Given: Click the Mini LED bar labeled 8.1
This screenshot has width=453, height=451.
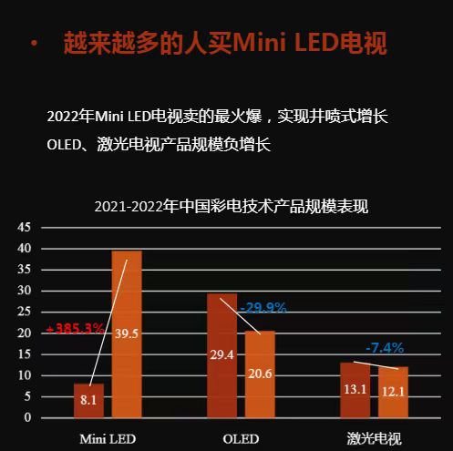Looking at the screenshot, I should [88, 401].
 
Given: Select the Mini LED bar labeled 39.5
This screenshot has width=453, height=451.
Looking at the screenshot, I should [127, 333].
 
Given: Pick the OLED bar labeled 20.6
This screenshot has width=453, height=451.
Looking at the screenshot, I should [260, 374].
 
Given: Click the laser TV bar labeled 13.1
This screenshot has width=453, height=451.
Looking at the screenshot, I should [355, 390].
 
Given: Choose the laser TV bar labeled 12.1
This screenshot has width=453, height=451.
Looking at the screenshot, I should [393, 392].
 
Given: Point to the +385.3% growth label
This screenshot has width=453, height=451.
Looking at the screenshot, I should [75, 328].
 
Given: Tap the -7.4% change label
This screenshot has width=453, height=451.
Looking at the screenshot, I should [385, 348].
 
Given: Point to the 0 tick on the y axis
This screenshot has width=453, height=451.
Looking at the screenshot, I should [27, 418].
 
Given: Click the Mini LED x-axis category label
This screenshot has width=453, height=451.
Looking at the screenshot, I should [108, 438].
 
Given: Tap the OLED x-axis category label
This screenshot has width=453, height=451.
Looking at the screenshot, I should [241, 438].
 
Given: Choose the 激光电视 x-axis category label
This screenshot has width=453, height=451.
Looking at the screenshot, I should [374, 438].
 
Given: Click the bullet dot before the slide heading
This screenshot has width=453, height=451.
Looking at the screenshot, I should [34, 44].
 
